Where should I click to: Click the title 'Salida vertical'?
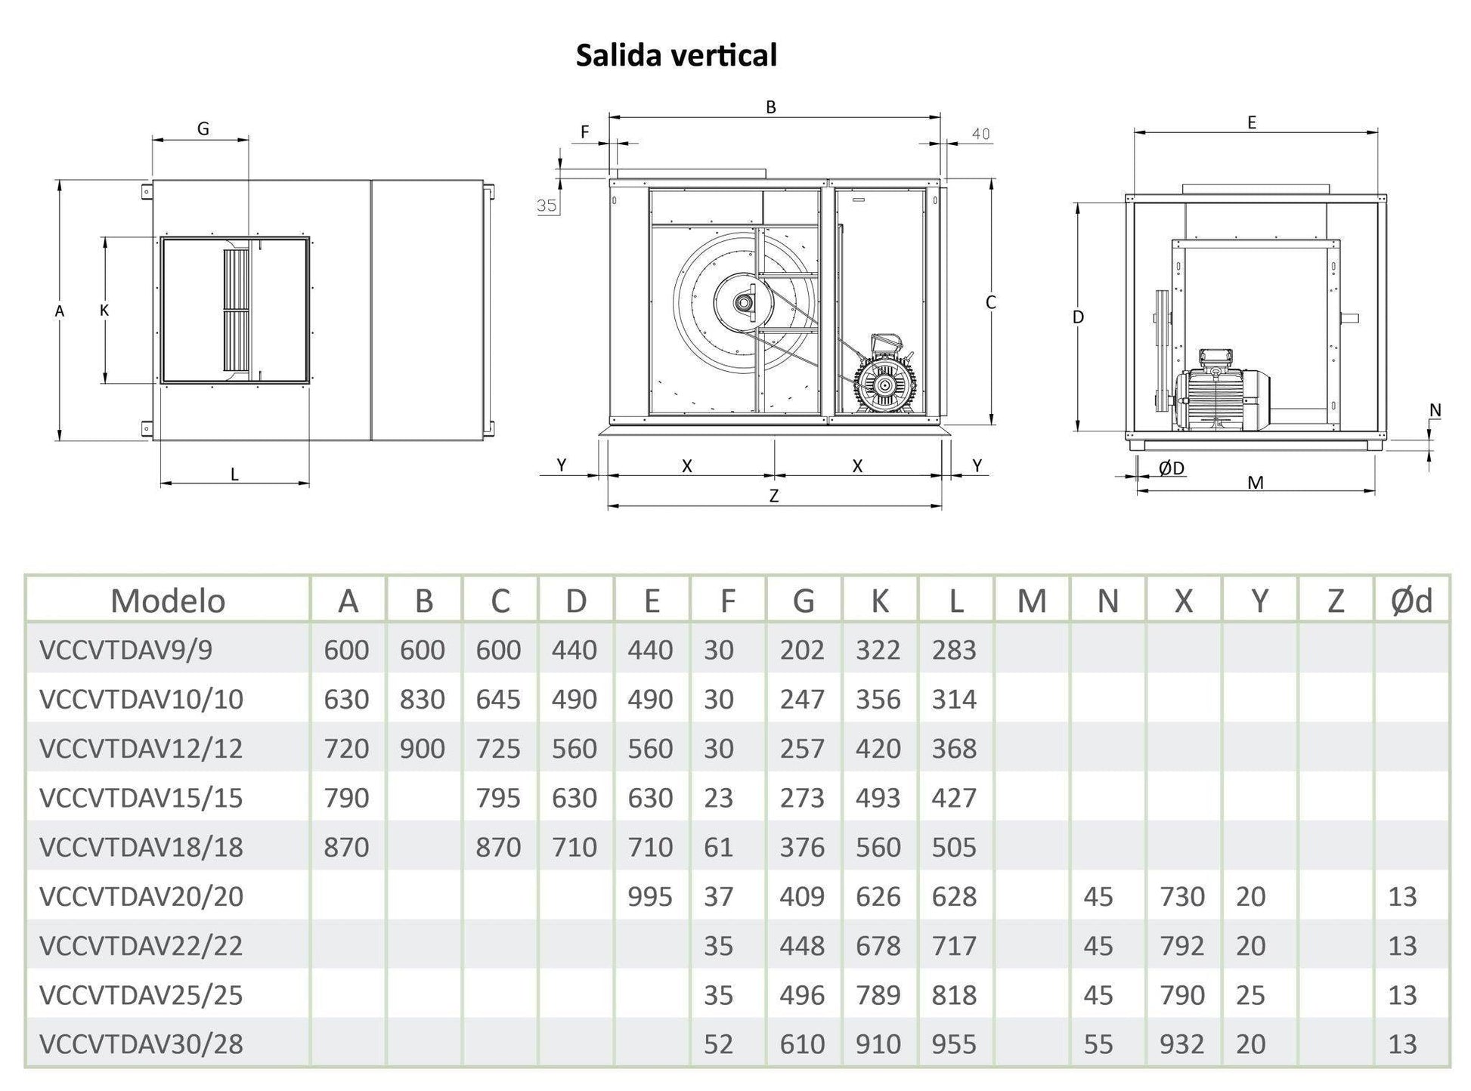coord(676,55)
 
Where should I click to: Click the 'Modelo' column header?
coord(168,601)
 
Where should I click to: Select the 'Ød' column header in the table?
coord(1411,601)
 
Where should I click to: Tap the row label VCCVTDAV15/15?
coord(141,798)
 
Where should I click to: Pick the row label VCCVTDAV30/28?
coord(141,1044)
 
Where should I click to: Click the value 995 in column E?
coord(649,896)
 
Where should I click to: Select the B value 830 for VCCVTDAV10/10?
coord(422,699)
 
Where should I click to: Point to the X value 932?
coord(1181,1044)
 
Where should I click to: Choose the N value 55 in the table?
coord(1098,1044)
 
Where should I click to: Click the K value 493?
coord(878,798)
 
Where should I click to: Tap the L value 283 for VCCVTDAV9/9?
coord(954,650)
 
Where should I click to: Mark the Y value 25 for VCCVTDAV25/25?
coord(1250,995)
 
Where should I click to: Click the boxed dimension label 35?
coord(547,206)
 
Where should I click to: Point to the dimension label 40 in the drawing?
coord(980,134)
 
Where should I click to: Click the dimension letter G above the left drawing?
coord(203,129)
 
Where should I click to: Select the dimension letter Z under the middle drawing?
coord(773,496)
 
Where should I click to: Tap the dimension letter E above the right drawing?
coord(1252,122)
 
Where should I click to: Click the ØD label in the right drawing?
coord(1171,468)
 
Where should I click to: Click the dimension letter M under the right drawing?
coord(1255,483)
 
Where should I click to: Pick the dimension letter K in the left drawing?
coord(104,310)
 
